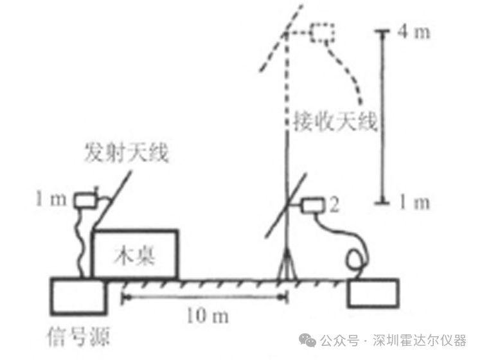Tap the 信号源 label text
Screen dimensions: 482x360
[78, 337]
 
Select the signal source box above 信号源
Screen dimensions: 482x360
[78, 296]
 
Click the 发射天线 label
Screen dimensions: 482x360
[127, 152]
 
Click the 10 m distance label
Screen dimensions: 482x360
[208, 316]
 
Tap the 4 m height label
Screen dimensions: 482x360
[414, 32]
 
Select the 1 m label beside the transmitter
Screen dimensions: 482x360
[51, 198]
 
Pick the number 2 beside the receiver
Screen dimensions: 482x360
[334, 204]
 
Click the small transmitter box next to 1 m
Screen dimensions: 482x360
[85, 200]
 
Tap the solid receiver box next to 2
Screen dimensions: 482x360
[313, 206]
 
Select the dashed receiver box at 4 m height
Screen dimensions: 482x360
[322, 33]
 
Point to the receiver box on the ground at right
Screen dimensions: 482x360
[373, 293]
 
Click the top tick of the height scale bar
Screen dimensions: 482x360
[382, 31]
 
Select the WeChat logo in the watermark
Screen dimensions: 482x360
[308, 340]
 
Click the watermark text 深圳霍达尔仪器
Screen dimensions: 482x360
[420, 340]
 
